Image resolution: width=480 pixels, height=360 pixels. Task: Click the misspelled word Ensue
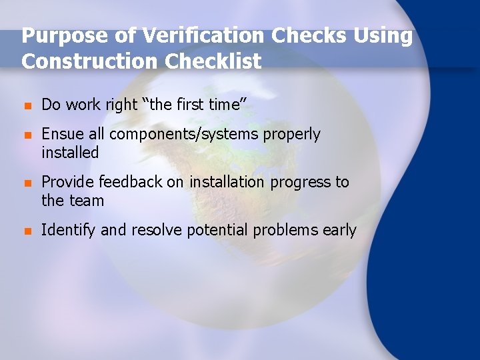click(x=63, y=134)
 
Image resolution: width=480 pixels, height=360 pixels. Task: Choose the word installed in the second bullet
click(x=70, y=153)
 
